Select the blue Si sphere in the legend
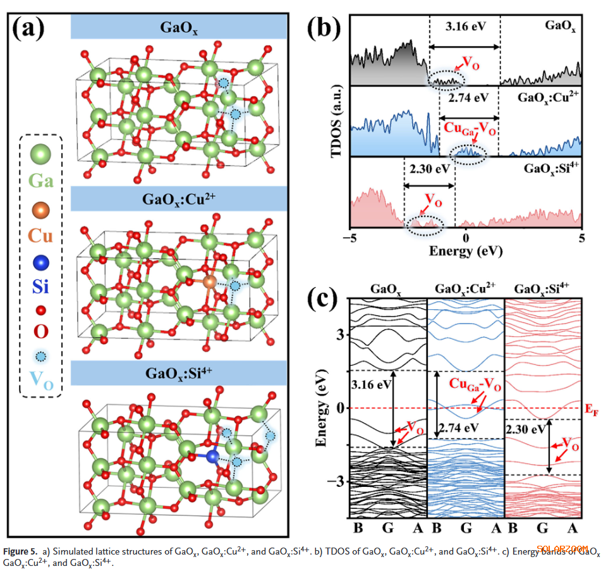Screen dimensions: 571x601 (41, 261)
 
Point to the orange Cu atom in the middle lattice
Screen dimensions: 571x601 (210, 281)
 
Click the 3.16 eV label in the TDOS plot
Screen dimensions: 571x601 (466, 28)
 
